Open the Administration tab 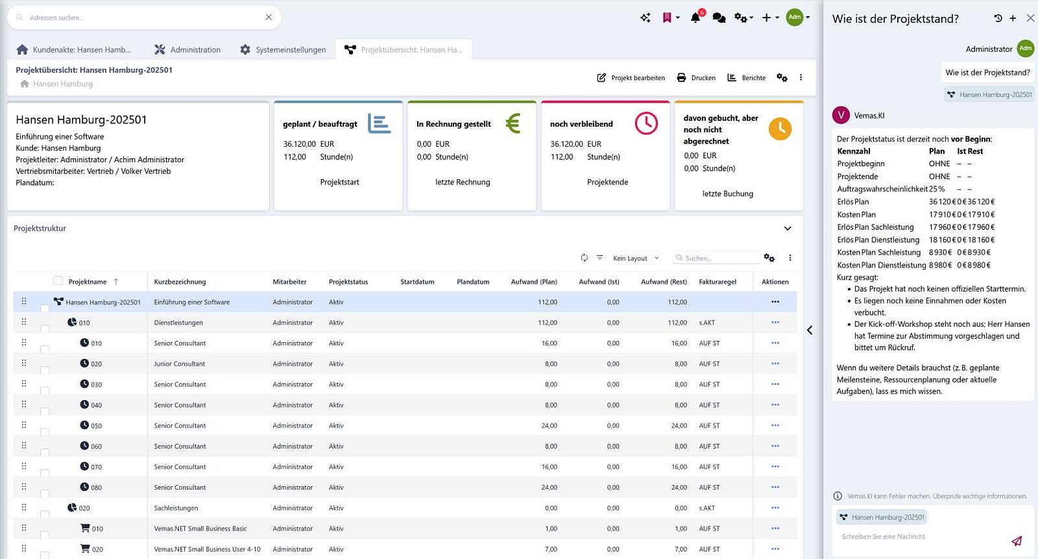tap(187, 49)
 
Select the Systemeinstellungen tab tap(283, 49)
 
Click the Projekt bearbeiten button tap(631, 78)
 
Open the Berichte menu tap(746, 78)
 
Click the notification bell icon tap(695, 18)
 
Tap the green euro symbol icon tap(513, 123)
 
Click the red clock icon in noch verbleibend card tap(646, 123)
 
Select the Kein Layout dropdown tap(635, 258)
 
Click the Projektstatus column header tap(348, 282)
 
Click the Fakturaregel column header tap(718, 282)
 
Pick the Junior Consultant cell tap(179, 364)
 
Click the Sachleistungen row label tap(176, 508)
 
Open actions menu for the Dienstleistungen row tap(775, 323)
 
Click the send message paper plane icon tap(1016, 541)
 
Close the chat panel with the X tap(1030, 18)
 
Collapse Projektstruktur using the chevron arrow tap(788, 229)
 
